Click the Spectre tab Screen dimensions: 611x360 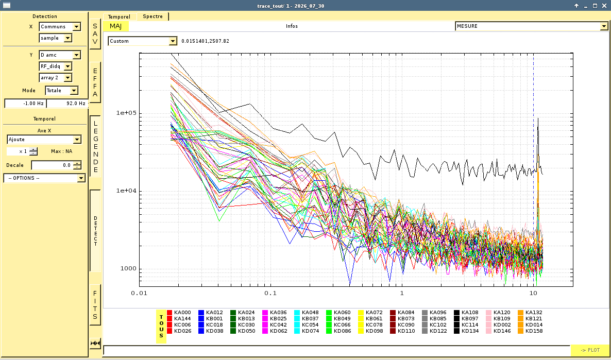[152, 16]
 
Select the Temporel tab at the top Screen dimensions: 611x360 [119, 17]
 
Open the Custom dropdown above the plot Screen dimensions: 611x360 [142, 41]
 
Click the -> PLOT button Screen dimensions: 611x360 [590, 350]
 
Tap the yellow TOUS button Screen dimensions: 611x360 [161, 327]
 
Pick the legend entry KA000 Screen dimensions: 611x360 [179, 313]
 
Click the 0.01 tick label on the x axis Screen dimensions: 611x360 [139, 293]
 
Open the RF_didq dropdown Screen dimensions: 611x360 [55, 66]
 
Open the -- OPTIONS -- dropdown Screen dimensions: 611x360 [44, 178]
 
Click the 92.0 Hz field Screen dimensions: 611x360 [67, 103]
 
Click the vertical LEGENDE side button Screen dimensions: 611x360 [95, 146]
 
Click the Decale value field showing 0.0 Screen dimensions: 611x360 [56, 165]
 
